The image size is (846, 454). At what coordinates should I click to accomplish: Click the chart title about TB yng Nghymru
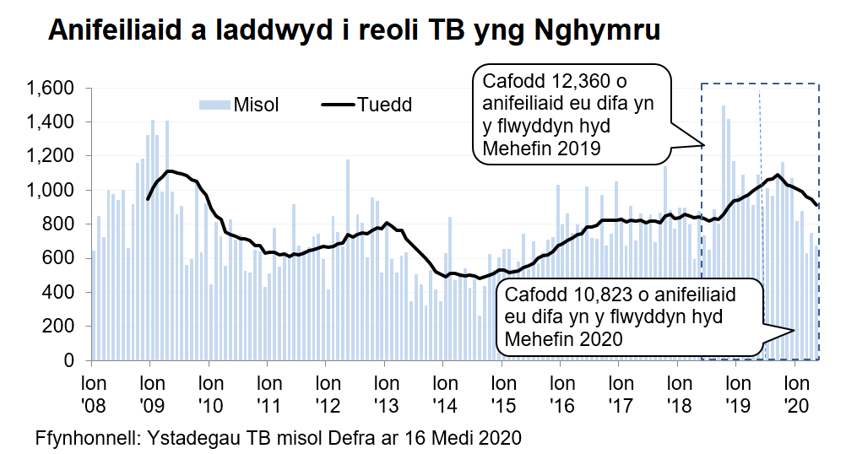pos(355,30)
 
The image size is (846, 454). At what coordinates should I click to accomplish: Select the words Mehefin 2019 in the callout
pos(541,150)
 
